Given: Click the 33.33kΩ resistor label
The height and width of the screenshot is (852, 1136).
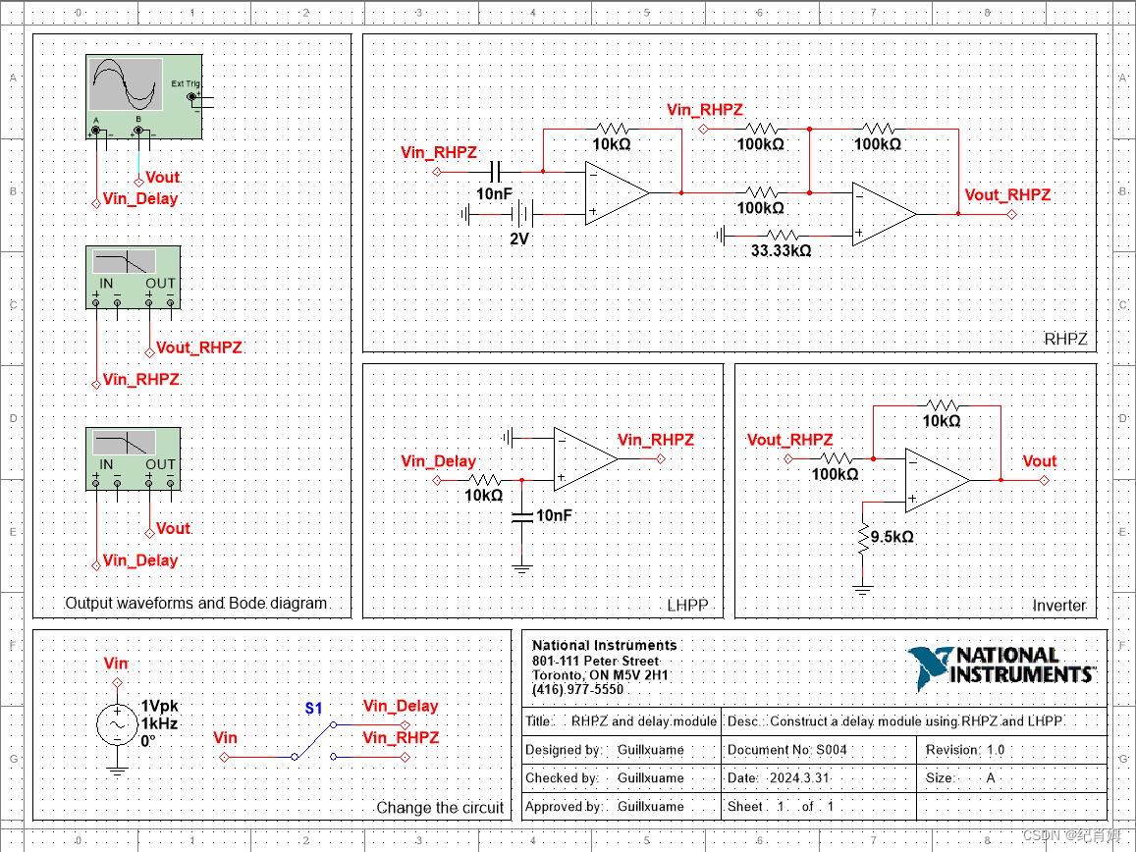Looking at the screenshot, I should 782,250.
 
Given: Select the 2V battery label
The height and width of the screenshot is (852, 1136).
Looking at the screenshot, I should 519,239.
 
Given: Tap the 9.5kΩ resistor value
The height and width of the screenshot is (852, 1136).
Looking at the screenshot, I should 892,537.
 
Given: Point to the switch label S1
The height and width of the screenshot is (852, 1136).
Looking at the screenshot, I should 313,708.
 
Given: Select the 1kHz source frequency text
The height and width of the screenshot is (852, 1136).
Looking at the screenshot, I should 159,723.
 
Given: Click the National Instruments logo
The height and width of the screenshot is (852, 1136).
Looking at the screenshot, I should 1001,666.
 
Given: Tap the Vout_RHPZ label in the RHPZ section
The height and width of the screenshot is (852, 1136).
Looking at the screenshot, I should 1007,195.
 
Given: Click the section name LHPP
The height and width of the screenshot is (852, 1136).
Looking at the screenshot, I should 686,605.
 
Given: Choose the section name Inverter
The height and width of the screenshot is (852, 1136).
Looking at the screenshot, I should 1058,606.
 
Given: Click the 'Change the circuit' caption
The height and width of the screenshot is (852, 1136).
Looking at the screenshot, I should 440,808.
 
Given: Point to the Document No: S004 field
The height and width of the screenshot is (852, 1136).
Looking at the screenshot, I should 787,750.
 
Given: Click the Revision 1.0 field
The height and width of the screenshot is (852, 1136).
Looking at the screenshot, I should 966,750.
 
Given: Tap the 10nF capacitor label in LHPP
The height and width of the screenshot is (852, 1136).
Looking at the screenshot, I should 554,515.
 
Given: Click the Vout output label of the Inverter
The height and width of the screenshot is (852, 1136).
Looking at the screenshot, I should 1039,461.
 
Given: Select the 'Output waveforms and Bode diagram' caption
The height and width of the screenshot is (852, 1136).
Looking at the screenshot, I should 195,603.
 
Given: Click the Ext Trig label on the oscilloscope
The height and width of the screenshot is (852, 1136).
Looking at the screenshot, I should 185,84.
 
